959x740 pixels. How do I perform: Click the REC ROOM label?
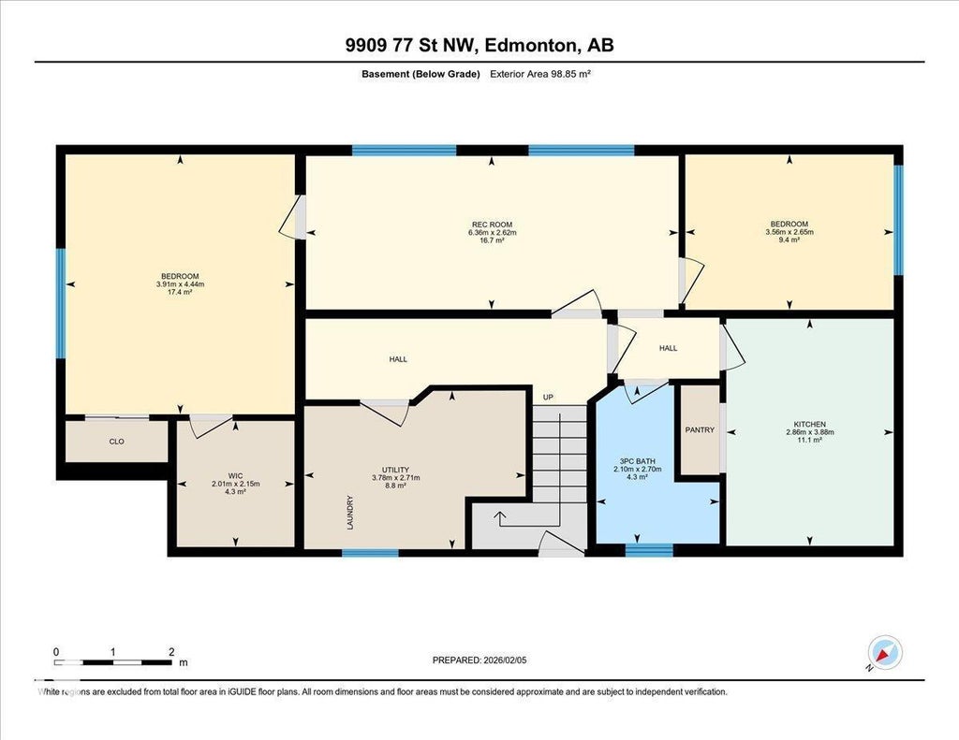(x=492, y=225)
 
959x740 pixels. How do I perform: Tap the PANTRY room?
(x=700, y=429)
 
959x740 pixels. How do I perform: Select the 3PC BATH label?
(x=637, y=461)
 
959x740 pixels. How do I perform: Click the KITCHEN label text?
(x=810, y=424)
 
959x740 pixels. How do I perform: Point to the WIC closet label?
(x=235, y=476)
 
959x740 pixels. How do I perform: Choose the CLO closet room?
(x=116, y=442)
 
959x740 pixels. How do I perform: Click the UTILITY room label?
(x=396, y=470)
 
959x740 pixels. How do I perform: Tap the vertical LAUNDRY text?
(x=350, y=512)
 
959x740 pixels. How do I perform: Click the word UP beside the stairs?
(x=548, y=398)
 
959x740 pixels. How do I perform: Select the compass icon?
(x=884, y=653)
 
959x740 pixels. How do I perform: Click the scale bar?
(x=113, y=662)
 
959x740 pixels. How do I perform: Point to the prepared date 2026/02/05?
(x=505, y=660)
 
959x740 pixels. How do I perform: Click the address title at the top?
(x=479, y=45)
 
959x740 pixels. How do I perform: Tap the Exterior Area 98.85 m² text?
(x=540, y=74)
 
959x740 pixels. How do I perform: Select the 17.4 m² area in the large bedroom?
(x=180, y=292)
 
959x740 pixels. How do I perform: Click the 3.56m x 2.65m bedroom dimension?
(x=789, y=232)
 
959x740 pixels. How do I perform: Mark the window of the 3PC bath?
(x=649, y=550)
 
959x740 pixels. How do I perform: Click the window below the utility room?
(x=370, y=553)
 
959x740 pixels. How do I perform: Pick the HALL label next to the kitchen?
(x=668, y=348)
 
